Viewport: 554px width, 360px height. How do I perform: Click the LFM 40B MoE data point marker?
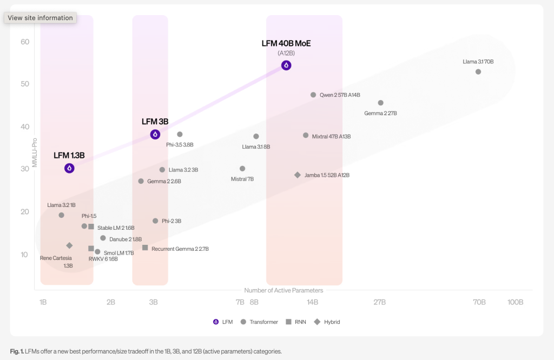tap(286, 65)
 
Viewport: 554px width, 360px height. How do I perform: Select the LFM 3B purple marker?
tap(155, 135)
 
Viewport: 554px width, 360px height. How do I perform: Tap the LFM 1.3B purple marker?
tap(69, 168)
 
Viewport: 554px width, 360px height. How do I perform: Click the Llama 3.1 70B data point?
tap(478, 72)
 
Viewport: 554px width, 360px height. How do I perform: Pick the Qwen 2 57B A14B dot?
tap(313, 95)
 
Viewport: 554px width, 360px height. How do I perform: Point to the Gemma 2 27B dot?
tap(380, 103)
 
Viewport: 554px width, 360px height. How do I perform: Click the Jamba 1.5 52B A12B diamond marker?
tap(298, 175)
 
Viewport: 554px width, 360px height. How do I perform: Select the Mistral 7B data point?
tap(242, 169)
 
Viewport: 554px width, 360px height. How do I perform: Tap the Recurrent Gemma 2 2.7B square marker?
tap(145, 248)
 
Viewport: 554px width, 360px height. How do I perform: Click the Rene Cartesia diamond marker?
tap(69, 245)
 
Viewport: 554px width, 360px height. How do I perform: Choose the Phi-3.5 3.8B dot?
tap(180, 135)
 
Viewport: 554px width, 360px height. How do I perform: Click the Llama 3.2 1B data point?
tap(61, 215)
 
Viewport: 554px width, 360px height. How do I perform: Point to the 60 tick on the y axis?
tap(24, 42)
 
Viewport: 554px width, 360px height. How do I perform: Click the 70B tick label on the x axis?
tap(479, 302)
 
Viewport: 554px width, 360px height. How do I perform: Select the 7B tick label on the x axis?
tap(240, 302)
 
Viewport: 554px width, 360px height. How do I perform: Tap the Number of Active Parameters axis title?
tap(283, 290)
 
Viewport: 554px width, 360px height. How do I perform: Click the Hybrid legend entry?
tap(328, 322)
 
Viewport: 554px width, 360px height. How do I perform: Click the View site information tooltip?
tap(40, 18)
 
